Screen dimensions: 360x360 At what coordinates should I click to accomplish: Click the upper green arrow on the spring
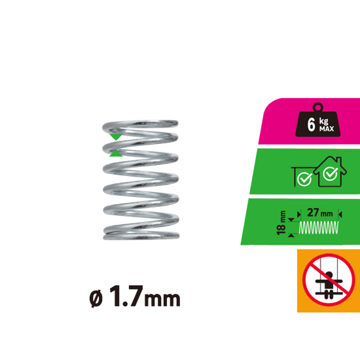(116, 137)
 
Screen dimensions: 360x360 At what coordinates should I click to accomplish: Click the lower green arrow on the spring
(116, 153)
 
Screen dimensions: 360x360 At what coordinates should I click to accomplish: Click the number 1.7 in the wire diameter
(126, 296)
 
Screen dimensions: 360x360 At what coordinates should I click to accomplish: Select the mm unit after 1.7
(162, 299)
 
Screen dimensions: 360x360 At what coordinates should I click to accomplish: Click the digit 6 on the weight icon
(311, 124)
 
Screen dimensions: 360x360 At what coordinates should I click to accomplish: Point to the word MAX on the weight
(327, 129)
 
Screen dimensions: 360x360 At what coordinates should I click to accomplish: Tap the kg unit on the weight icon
(323, 121)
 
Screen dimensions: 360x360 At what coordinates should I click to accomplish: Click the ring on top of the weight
(318, 107)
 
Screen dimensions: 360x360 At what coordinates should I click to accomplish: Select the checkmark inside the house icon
(330, 174)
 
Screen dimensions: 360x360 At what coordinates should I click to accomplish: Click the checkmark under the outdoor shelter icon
(304, 179)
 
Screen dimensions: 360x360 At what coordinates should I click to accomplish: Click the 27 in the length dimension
(313, 213)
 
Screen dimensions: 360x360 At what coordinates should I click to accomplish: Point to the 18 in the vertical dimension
(281, 229)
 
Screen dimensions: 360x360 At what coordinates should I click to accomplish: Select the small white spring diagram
(319, 228)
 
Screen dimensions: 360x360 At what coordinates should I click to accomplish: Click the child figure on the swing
(329, 284)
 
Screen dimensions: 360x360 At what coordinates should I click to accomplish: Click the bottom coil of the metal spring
(141, 236)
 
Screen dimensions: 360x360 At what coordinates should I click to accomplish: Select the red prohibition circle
(329, 280)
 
